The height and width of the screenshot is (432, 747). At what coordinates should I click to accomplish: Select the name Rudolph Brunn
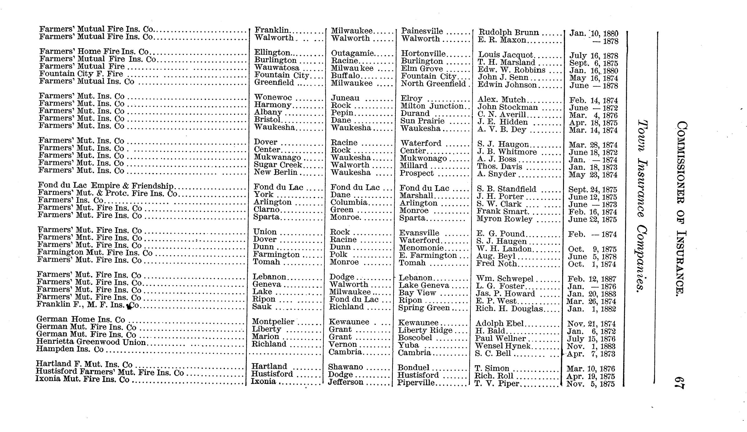[x=509, y=33]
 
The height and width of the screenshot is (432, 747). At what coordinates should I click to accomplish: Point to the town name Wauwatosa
[x=277, y=68]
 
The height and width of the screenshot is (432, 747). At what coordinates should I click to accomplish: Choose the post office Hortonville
[x=423, y=54]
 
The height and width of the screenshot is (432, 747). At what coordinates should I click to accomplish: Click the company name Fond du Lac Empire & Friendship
[x=106, y=186]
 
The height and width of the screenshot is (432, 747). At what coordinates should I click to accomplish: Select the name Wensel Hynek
[x=503, y=346]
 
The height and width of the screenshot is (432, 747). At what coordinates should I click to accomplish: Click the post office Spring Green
[x=424, y=308]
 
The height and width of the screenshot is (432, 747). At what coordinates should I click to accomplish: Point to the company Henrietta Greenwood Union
[x=91, y=342]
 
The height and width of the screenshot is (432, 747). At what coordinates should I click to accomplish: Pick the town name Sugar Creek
[x=278, y=165]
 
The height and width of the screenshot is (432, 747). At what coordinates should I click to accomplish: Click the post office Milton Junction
[x=432, y=106]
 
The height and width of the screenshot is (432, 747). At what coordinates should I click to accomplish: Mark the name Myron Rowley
[x=504, y=219]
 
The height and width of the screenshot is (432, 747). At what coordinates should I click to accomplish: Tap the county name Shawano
[x=345, y=367]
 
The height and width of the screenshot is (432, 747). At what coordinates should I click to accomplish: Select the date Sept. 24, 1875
[x=592, y=190]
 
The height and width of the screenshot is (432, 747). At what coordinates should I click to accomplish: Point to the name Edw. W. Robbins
[x=511, y=70]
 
